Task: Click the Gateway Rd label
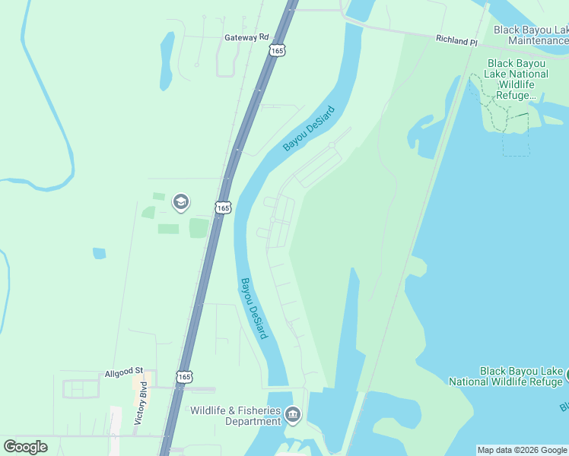click(247, 36)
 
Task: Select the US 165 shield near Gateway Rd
click(277, 49)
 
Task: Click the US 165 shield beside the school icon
click(222, 207)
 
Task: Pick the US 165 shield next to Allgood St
click(183, 376)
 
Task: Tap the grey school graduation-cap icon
click(181, 202)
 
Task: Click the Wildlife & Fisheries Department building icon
click(294, 416)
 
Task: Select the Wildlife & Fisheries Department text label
click(235, 416)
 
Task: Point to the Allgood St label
click(124, 371)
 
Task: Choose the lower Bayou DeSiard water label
click(254, 308)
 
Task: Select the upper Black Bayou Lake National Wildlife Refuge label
click(517, 80)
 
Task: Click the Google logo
click(25, 446)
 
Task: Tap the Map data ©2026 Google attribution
click(522, 450)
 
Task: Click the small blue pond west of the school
click(99, 253)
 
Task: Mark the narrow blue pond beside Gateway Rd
click(167, 61)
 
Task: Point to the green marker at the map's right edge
click(566, 375)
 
